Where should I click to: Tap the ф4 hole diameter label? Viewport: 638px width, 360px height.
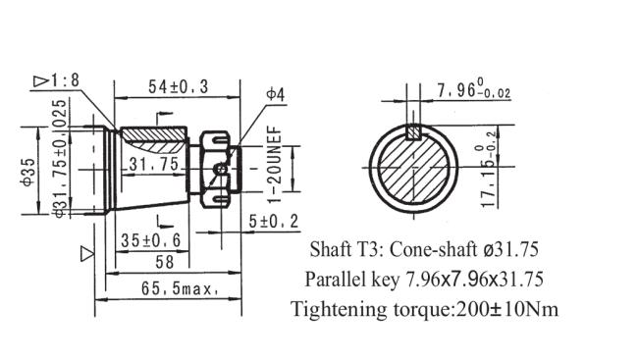click(x=275, y=94)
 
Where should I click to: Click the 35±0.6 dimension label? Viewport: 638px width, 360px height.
click(x=150, y=239)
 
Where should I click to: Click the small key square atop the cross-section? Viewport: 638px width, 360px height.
click(x=415, y=129)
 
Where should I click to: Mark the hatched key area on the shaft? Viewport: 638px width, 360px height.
click(x=153, y=131)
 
